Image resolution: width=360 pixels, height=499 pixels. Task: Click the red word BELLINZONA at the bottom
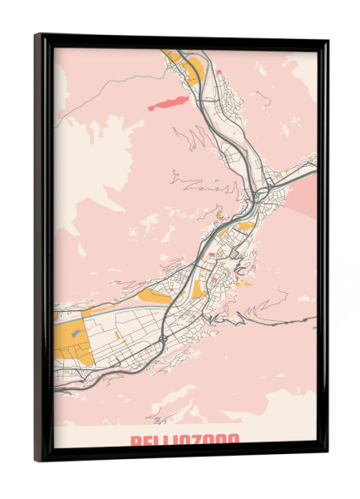pyautogui.click(x=184, y=441)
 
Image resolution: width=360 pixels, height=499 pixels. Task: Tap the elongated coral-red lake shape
pyautogui.click(x=169, y=103)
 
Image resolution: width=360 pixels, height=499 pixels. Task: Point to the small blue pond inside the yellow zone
pyautogui.click(x=76, y=333)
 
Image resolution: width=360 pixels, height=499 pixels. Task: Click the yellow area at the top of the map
pyautogui.click(x=185, y=67)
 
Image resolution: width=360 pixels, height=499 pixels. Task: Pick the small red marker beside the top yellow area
pyautogui.click(x=219, y=72)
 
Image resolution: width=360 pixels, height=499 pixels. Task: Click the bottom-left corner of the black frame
pyautogui.click(x=37, y=459)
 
